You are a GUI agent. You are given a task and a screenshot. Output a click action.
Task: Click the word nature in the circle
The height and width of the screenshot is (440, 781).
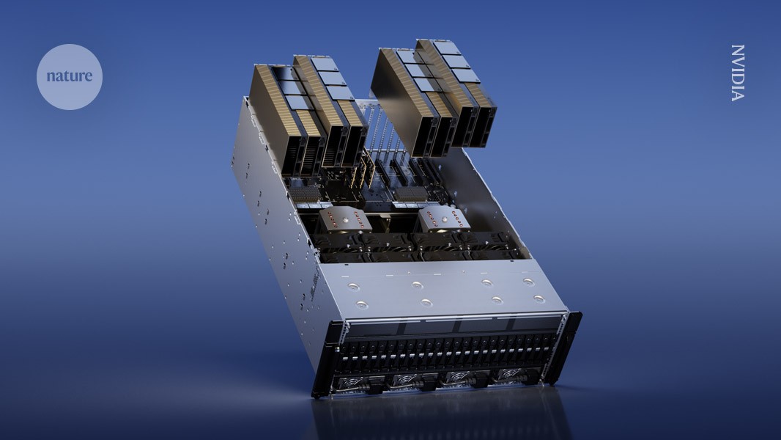coord(69,76)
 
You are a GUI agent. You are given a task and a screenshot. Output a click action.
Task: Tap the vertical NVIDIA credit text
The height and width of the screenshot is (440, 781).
coord(738,73)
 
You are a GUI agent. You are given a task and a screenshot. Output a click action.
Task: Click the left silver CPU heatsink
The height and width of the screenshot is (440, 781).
coord(344,220)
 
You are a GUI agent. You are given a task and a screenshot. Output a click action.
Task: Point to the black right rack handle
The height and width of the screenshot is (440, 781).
coord(566,348)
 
